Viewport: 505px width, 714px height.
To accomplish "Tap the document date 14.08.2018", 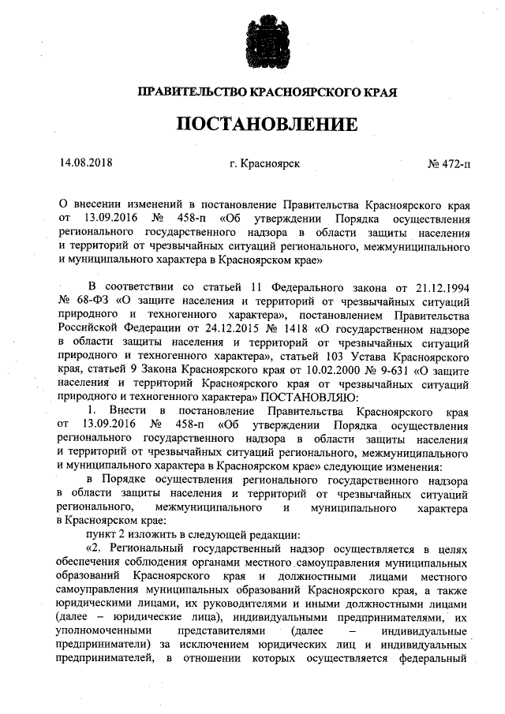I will point(86,164).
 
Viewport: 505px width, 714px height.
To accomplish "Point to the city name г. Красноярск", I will point(264,165).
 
